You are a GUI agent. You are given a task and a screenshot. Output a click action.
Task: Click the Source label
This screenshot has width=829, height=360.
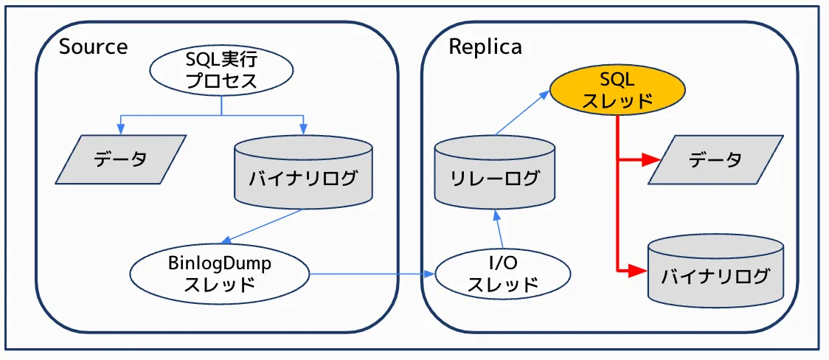point(93,46)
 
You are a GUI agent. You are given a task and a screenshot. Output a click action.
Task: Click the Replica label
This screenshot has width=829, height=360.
point(485,47)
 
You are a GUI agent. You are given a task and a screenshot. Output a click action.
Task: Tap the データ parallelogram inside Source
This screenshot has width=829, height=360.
point(121,159)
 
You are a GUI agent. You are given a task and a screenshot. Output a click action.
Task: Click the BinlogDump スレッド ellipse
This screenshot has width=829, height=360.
point(219,274)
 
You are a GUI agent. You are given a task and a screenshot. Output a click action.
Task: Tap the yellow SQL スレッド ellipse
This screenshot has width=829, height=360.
point(618,90)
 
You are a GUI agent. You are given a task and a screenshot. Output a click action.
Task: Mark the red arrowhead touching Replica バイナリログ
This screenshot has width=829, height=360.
point(639,271)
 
